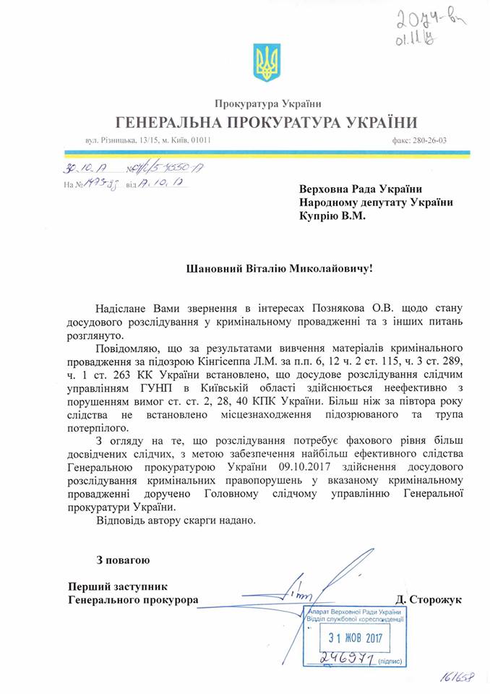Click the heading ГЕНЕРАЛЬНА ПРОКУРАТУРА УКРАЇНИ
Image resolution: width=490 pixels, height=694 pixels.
click(x=264, y=121)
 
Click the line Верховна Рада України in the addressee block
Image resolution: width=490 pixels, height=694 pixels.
click(x=359, y=188)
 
